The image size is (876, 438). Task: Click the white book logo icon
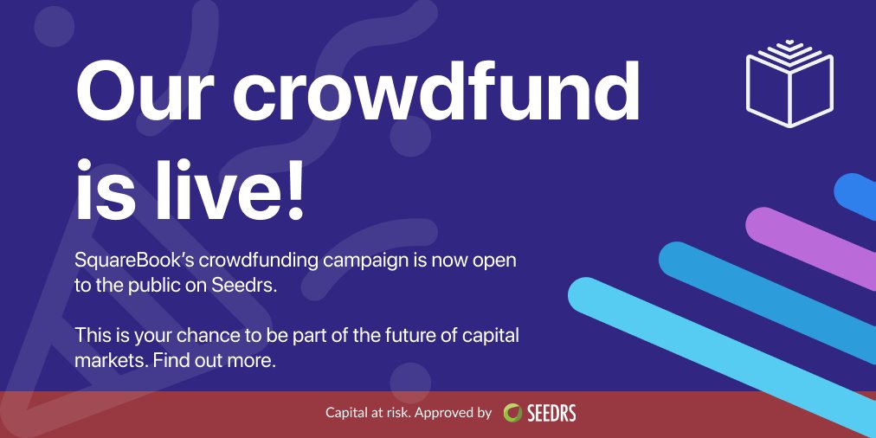(x=789, y=83)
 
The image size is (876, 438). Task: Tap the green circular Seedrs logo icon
(x=512, y=413)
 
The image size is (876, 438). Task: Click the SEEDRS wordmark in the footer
(x=551, y=413)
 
